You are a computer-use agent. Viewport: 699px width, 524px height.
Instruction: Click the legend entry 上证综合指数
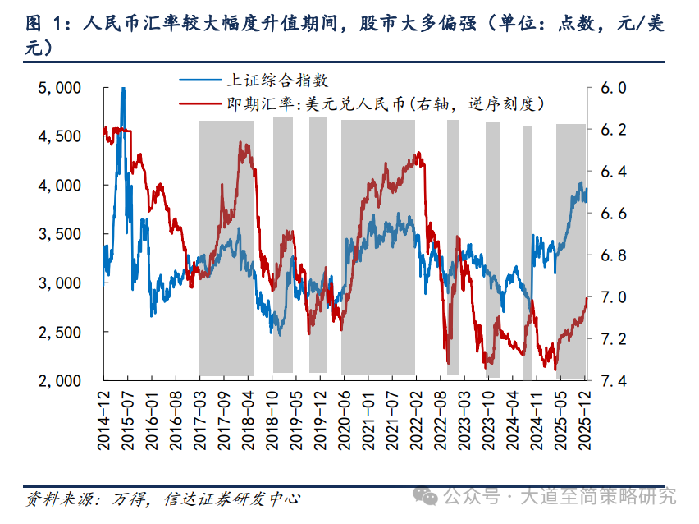(x=276, y=80)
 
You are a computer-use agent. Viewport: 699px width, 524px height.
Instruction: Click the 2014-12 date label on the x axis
(x=104, y=419)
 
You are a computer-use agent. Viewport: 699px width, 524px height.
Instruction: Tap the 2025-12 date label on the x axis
(x=585, y=419)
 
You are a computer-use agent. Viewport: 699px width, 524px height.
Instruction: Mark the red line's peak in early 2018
(x=242, y=144)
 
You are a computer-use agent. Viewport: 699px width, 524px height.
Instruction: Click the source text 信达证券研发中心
(x=232, y=498)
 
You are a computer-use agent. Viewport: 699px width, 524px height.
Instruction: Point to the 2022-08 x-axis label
(x=440, y=419)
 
